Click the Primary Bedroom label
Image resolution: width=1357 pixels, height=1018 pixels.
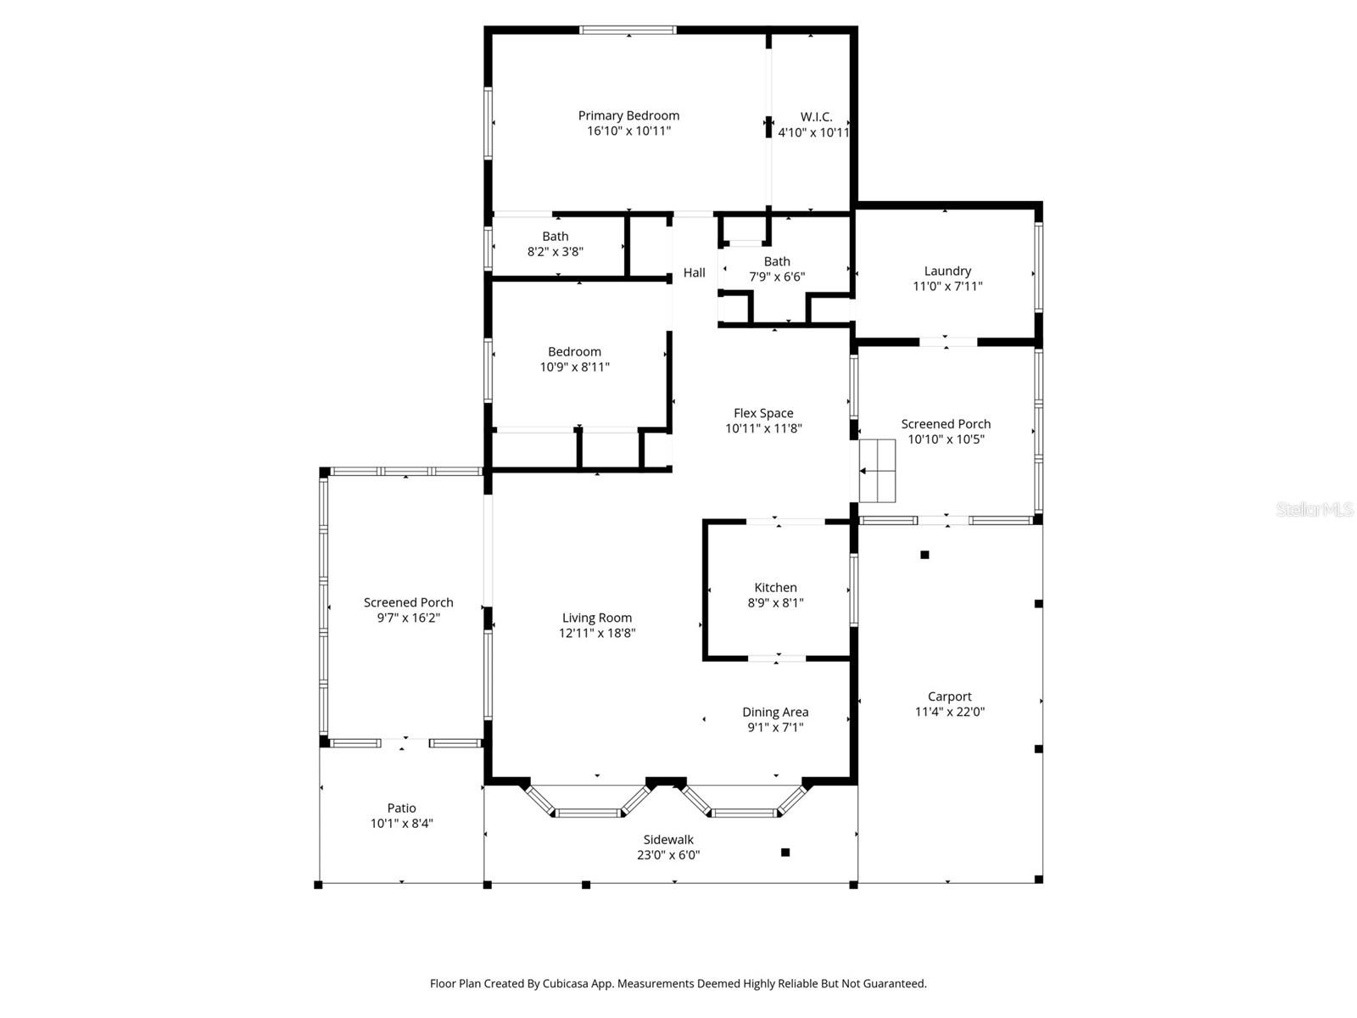point(628,115)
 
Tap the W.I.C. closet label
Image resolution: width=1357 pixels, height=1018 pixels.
point(816,117)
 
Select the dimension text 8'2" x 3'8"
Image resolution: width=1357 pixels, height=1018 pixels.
point(556,252)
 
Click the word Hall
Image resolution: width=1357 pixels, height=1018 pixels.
point(694,272)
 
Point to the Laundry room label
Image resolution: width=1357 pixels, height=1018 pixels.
point(947,271)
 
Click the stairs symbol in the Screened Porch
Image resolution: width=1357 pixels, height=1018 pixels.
point(878,470)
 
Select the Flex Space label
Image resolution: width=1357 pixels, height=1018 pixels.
point(763,413)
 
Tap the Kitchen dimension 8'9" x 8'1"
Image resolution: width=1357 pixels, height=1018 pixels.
point(775,603)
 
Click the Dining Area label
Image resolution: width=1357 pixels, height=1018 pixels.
point(775,712)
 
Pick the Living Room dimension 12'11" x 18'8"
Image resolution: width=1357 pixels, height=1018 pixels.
point(597,633)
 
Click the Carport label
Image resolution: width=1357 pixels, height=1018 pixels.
point(949,696)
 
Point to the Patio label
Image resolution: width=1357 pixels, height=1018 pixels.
point(401,808)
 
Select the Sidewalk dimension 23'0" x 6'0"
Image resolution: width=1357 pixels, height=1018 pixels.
point(668,855)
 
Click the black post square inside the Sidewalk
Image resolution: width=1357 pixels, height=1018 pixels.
point(785,852)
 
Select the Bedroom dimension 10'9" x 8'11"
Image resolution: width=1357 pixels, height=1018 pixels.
point(574,367)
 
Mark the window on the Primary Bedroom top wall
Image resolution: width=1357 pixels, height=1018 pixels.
point(628,31)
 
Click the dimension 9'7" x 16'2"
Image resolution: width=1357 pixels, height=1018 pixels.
point(408,618)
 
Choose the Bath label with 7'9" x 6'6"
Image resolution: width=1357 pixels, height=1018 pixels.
point(776,261)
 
